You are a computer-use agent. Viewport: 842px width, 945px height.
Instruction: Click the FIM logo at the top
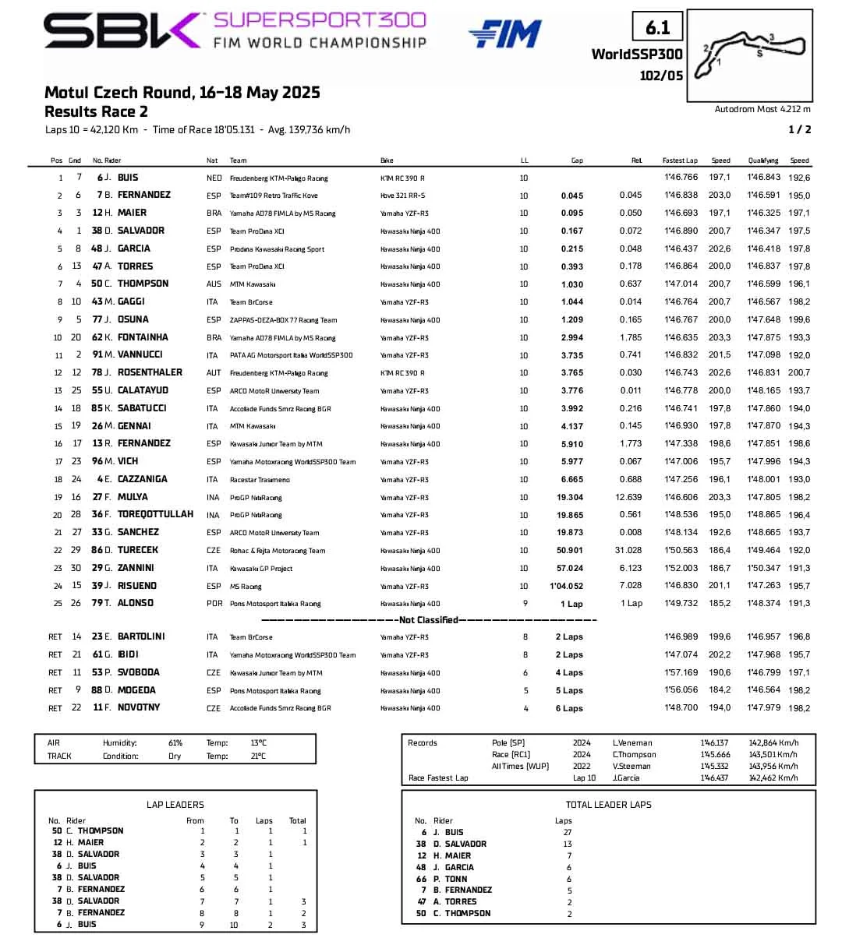[504, 33]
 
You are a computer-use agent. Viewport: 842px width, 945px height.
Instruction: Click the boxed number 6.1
[657, 27]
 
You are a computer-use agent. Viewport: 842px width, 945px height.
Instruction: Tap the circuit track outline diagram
[750, 54]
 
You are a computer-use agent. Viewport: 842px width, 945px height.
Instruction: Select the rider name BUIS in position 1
[128, 178]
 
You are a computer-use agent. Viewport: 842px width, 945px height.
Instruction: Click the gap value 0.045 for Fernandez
[571, 196]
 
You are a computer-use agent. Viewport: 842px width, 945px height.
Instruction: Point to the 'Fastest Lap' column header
[680, 160]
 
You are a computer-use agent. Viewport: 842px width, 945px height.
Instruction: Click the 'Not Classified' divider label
[428, 620]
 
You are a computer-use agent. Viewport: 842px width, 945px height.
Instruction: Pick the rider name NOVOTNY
[139, 707]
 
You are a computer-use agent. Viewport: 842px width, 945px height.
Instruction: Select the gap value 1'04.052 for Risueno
[567, 586]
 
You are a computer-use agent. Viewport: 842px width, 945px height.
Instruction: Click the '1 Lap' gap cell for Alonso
[571, 604]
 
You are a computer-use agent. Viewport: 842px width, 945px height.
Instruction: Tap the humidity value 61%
[175, 743]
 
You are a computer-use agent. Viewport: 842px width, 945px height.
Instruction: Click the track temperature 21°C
[258, 756]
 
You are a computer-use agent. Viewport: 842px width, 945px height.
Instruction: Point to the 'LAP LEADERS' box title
[175, 805]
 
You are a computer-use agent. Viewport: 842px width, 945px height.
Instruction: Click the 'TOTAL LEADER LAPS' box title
[608, 805]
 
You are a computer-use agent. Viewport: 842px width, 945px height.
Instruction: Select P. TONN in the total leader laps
[451, 879]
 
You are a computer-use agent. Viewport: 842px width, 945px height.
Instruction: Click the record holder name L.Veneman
[632, 743]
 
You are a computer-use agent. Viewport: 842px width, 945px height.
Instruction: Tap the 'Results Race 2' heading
[96, 111]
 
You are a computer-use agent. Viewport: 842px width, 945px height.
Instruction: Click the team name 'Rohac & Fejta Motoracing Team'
[278, 551]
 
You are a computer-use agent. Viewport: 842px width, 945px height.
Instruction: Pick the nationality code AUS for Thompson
[214, 284]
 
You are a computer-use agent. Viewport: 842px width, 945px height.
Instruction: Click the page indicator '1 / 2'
[800, 129]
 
